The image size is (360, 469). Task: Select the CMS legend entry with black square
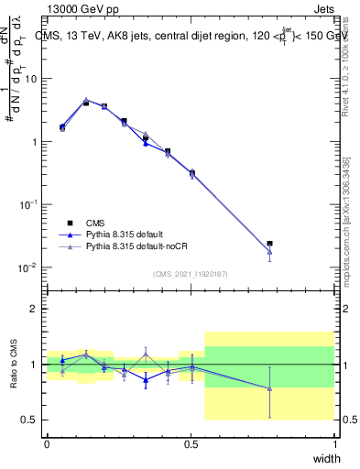pos(95,222)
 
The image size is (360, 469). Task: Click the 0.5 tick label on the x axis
pos(191,443)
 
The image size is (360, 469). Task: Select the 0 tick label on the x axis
pos(47,443)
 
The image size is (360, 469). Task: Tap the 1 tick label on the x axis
pos(334,443)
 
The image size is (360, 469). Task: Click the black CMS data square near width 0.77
pos(269,244)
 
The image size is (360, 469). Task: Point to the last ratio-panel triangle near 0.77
pos(269,388)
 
